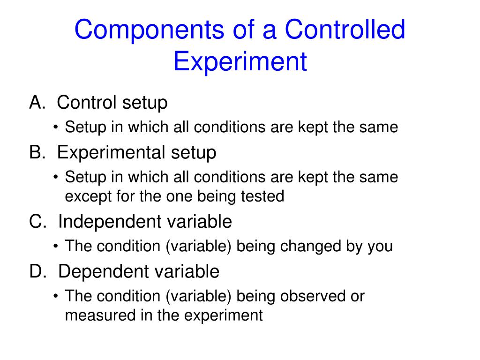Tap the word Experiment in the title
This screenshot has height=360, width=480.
tap(240, 61)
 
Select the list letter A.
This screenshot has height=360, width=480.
tap(36, 102)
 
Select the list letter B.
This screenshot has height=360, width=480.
tap(36, 152)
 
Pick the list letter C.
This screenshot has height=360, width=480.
tap(37, 221)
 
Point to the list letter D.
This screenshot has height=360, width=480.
tap(37, 271)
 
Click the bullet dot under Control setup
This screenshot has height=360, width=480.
tap(56, 127)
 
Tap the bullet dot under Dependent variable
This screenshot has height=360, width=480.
tap(56, 297)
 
